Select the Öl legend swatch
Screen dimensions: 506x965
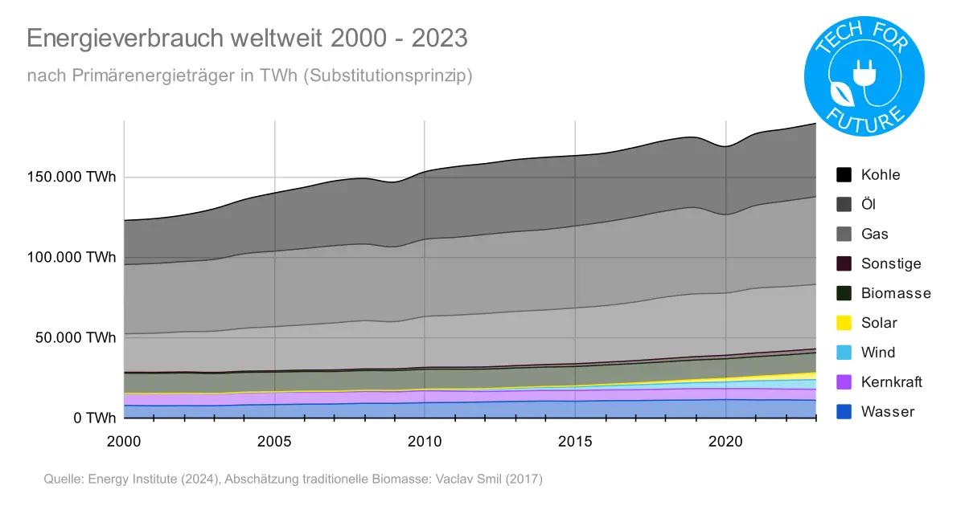coord(844,204)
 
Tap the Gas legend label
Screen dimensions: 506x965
coord(875,234)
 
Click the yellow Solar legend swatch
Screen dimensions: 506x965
coord(844,323)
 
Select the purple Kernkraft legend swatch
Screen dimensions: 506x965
coord(844,382)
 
